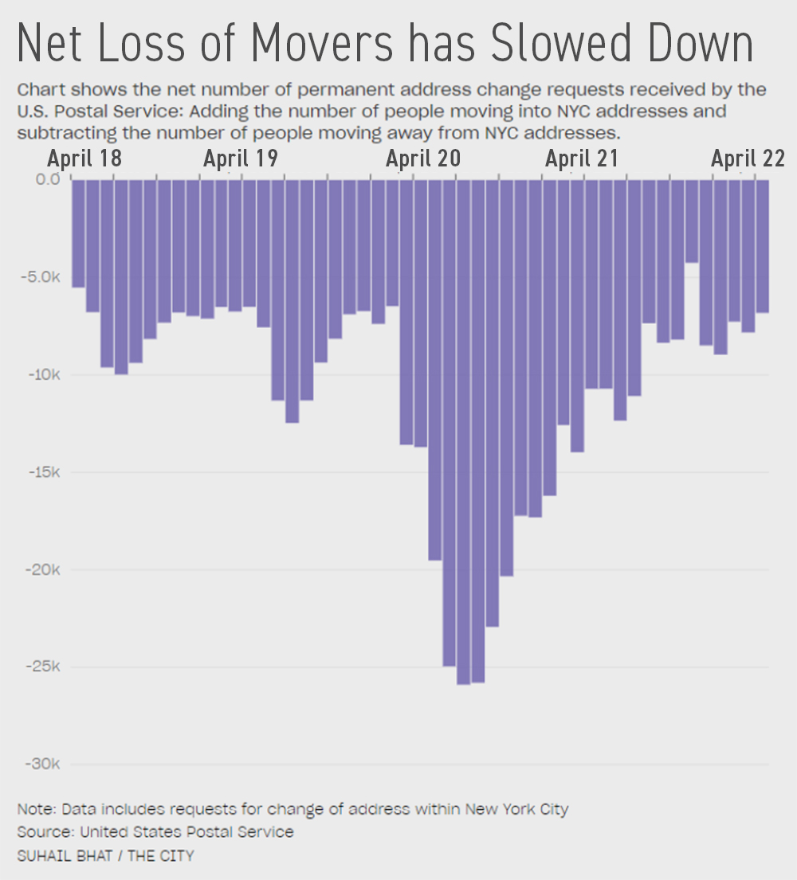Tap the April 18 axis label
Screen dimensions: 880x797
point(84,158)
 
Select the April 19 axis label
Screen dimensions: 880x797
point(240,158)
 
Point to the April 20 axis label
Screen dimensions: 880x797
point(423,158)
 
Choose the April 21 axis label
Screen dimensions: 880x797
point(582,158)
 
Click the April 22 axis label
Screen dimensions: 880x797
point(748,158)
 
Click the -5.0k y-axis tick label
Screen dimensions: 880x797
point(41,277)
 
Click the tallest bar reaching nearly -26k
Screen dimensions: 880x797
point(463,430)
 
